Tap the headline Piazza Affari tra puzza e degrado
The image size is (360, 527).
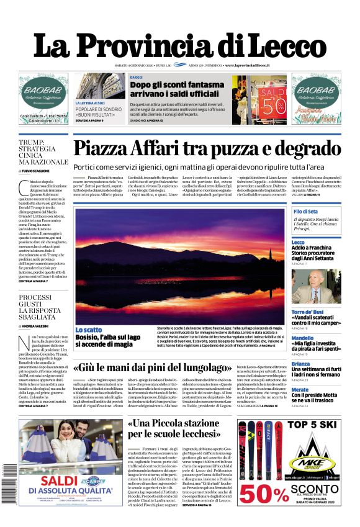(x=206, y=149)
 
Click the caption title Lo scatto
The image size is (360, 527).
(x=89, y=329)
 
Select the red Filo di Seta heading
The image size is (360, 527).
(x=305, y=212)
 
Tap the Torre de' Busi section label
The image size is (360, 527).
(x=308, y=312)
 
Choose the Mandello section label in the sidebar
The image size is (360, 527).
(x=303, y=338)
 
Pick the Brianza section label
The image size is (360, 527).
(x=300, y=364)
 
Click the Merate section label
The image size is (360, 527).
(x=300, y=389)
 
